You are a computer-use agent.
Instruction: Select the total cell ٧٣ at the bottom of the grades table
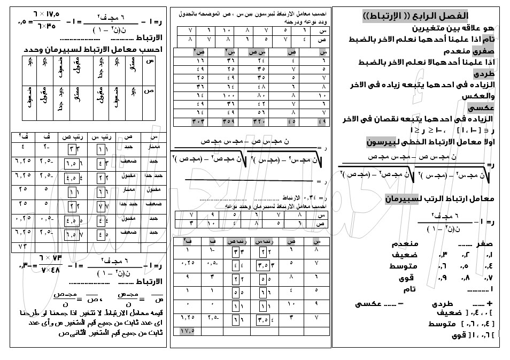(x=22, y=247)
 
